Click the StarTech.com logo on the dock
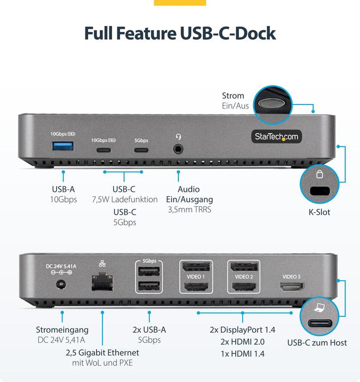coord(276,137)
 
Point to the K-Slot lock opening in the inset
coord(319,191)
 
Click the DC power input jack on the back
coord(61,284)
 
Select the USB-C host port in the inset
coord(319,323)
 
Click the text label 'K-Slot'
coord(319,212)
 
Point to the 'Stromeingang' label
coord(62,329)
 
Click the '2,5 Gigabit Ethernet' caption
coord(102,352)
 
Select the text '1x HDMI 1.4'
coord(243,354)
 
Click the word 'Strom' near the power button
coord(233,95)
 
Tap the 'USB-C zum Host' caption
coord(317,343)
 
